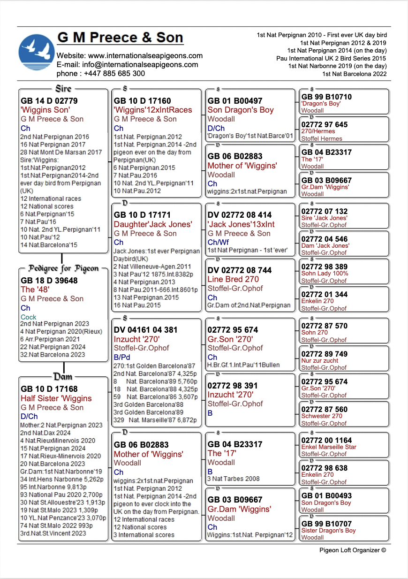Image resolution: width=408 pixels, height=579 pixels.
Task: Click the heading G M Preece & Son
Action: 120,38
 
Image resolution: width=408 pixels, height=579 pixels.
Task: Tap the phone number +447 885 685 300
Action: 114,73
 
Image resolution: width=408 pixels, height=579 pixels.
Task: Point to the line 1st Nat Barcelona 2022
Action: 354,74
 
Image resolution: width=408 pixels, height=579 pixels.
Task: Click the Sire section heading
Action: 63,89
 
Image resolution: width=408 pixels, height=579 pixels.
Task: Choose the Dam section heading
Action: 63,376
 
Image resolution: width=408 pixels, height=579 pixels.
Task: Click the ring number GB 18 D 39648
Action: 49,281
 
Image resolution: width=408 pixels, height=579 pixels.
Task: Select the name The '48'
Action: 35,289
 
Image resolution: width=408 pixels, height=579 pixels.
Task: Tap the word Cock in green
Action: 29,317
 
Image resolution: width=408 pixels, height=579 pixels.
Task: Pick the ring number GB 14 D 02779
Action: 49,101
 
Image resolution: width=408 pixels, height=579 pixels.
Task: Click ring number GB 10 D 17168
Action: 49,389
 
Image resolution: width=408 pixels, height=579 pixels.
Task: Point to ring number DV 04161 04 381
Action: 145,330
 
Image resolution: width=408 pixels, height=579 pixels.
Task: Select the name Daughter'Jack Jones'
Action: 153,224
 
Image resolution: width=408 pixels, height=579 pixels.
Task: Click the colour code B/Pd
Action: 122,357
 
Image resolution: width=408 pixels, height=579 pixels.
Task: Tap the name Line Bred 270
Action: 233,279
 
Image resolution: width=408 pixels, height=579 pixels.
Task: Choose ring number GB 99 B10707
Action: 326,524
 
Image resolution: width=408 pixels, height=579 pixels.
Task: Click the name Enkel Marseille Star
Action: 329,447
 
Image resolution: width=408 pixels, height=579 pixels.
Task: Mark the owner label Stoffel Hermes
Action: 322,138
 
